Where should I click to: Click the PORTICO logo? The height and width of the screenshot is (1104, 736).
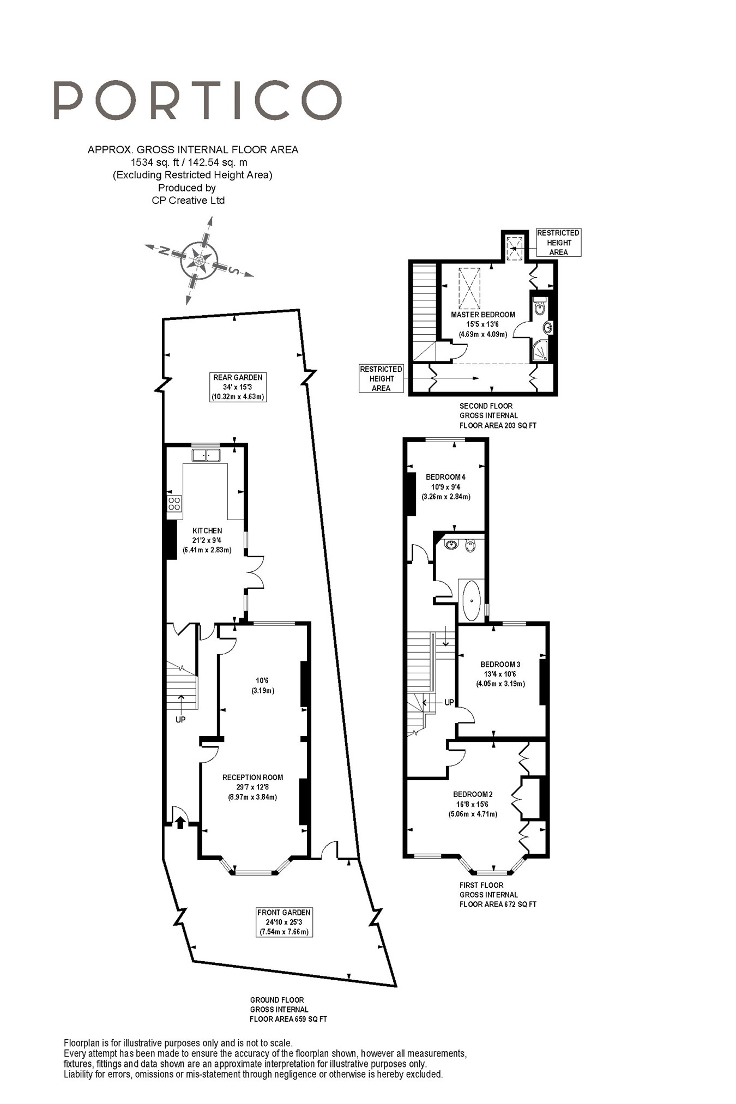point(197,100)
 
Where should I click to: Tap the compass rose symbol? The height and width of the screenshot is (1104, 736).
point(199,261)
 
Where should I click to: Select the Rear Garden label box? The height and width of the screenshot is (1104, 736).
point(238,387)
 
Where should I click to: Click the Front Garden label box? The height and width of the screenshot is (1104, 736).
point(284,922)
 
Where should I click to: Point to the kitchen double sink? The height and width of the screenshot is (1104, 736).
point(206,454)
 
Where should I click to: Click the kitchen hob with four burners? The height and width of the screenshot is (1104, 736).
point(174,503)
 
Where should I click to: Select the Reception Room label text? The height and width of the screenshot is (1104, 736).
point(252,777)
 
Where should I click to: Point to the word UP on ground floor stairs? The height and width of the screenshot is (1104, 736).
point(180,720)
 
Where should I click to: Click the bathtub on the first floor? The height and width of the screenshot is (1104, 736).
point(472,600)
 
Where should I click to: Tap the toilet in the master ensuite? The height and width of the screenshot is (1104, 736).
point(539,306)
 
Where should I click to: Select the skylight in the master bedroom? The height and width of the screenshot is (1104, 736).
point(469,288)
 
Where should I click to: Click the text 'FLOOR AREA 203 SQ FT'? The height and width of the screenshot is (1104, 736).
point(498,425)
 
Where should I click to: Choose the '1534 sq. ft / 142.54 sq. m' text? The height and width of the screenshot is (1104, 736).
point(189,162)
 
